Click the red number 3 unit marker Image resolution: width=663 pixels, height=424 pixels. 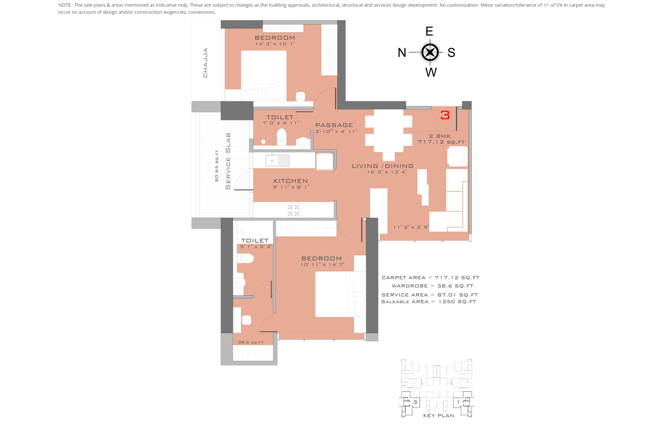(445, 115)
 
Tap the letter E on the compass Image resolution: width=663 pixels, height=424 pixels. (429, 31)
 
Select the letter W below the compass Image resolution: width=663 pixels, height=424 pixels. (431, 72)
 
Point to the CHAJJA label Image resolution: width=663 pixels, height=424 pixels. (205, 63)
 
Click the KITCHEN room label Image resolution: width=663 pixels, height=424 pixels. (291, 181)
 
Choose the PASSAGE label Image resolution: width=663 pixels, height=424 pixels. (334, 125)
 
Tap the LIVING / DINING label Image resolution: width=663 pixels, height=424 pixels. (382, 166)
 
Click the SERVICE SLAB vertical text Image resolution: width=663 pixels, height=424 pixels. (228, 161)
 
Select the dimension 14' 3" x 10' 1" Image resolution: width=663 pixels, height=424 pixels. (275, 44)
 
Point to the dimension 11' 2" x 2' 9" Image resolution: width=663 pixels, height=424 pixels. (411, 227)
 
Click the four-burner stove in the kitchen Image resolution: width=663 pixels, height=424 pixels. (293, 210)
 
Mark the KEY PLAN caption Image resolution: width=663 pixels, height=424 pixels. (438, 415)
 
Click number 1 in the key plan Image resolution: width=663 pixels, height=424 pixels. (458, 402)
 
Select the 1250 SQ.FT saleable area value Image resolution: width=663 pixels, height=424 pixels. (457, 302)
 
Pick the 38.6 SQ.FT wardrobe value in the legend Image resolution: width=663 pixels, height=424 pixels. (455, 286)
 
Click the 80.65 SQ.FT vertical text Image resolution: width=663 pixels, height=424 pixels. (217, 166)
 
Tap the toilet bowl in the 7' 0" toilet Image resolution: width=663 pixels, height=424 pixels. (282, 137)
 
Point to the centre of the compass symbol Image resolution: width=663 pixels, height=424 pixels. (430, 52)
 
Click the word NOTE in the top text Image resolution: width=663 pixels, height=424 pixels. (65, 5)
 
